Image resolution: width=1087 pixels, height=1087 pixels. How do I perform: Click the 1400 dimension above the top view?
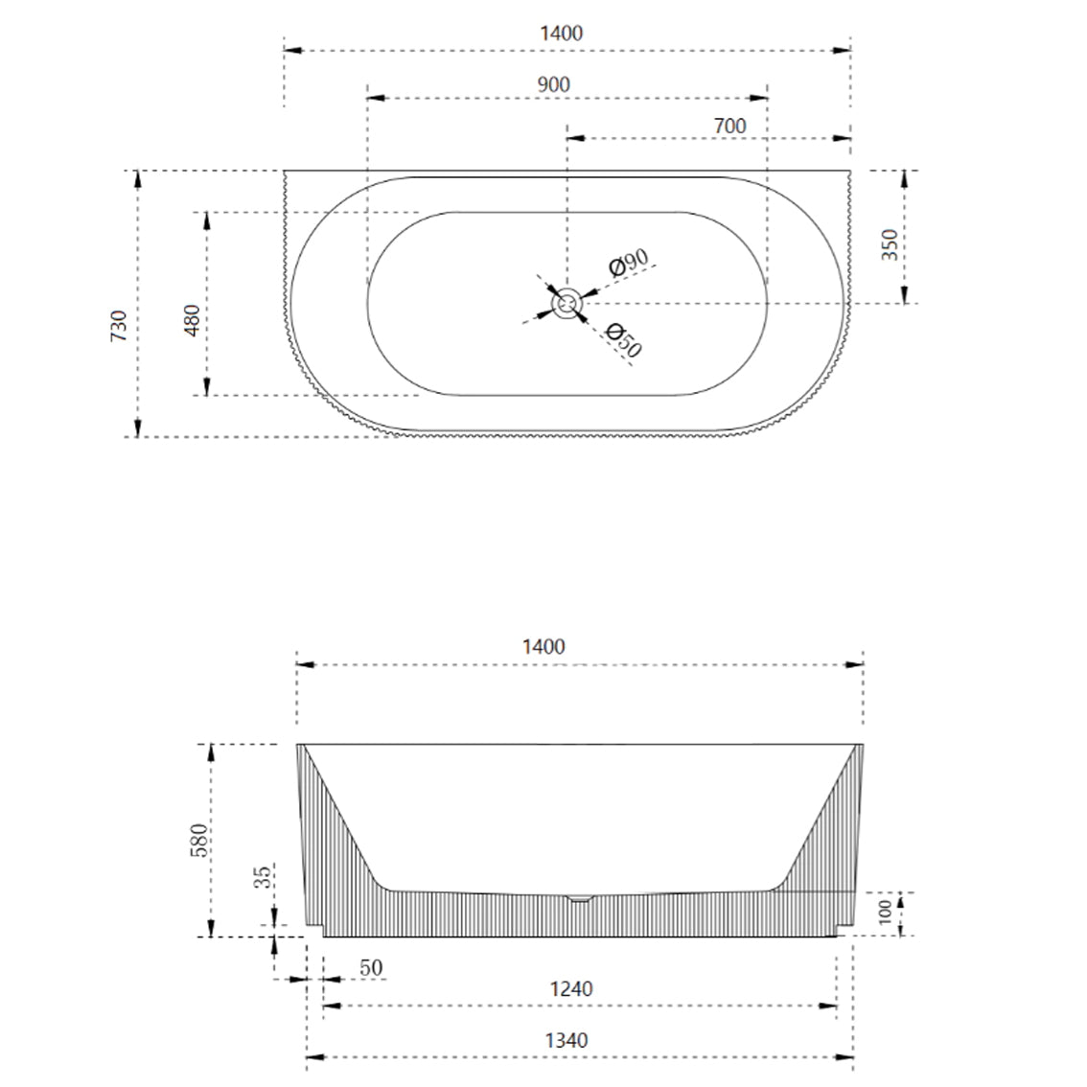click(x=561, y=33)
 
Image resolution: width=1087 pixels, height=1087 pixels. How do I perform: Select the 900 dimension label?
click(x=553, y=84)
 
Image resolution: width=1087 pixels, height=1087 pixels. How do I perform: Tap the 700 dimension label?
click(x=729, y=126)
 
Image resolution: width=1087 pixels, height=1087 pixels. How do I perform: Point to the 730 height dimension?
click(x=119, y=326)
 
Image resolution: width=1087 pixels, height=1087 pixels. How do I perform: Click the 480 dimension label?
click(x=192, y=319)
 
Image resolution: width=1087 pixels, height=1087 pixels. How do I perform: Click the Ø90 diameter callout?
click(x=629, y=262)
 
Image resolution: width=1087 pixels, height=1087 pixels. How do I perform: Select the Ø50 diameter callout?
click(x=624, y=339)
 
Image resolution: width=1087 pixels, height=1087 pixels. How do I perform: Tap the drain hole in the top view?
click(x=567, y=305)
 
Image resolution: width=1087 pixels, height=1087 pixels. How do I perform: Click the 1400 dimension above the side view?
click(x=543, y=646)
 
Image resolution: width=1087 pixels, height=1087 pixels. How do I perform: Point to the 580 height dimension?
click(x=197, y=840)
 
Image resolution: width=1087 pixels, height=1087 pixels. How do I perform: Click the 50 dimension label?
click(x=371, y=967)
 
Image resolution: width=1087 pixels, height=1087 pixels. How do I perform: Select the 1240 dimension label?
click(x=570, y=988)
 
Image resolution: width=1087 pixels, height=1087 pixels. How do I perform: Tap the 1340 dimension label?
click(x=567, y=1040)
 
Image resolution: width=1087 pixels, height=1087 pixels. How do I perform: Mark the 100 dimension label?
click(x=886, y=910)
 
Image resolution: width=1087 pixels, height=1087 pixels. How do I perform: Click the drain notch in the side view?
click(x=580, y=898)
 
